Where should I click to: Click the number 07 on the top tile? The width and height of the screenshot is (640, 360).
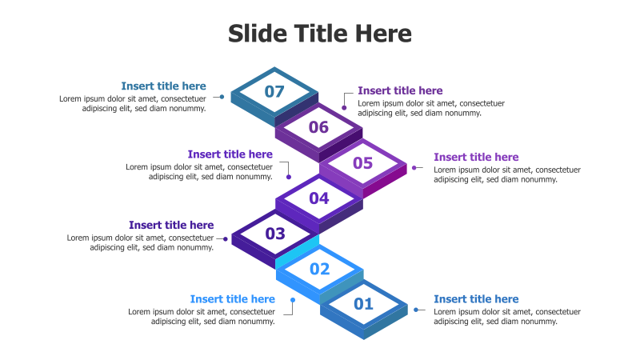[x=274, y=91]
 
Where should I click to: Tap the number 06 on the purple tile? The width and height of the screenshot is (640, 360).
[x=318, y=127]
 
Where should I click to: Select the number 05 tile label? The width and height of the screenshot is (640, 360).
[x=363, y=163]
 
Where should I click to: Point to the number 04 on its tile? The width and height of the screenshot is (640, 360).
[x=318, y=198]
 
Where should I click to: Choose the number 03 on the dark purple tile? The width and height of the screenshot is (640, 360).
[x=275, y=234]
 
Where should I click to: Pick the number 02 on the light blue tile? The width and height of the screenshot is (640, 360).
[x=319, y=269]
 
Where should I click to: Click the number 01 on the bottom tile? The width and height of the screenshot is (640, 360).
[x=363, y=304]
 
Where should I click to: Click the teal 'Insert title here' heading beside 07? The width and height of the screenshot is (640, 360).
[x=163, y=86]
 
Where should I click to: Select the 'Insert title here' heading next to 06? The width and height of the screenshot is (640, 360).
[x=400, y=91]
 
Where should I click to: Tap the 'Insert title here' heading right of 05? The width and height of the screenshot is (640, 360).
[x=476, y=157]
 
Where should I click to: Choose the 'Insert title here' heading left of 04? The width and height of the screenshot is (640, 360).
[x=230, y=154]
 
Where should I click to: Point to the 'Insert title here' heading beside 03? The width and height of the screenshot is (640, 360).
[x=171, y=225]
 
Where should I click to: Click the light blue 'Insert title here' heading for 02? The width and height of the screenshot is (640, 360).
[x=232, y=299]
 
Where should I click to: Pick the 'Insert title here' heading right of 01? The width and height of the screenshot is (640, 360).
[x=476, y=299]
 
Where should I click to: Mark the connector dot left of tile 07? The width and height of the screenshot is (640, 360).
[x=222, y=97]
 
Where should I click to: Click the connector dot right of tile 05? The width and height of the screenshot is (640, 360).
[x=415, y=168]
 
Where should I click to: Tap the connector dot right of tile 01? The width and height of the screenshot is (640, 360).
[x=416, y=310]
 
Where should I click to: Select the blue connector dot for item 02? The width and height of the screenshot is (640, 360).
[x=293, y=301]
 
